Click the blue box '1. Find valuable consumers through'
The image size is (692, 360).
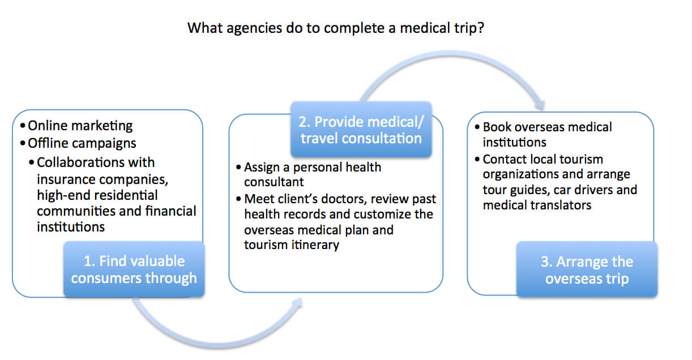[134, 269]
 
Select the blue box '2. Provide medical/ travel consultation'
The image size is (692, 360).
[361, 129]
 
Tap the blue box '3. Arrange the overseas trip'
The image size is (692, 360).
[587, 269]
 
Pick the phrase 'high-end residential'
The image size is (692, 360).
[97, 195]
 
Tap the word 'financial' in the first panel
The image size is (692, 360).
[170, 211]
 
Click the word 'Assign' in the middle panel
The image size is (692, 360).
[262, 168]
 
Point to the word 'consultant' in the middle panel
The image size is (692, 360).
[274, 182]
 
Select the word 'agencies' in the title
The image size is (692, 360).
[254, 29]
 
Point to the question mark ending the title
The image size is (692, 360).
[481, 28]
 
